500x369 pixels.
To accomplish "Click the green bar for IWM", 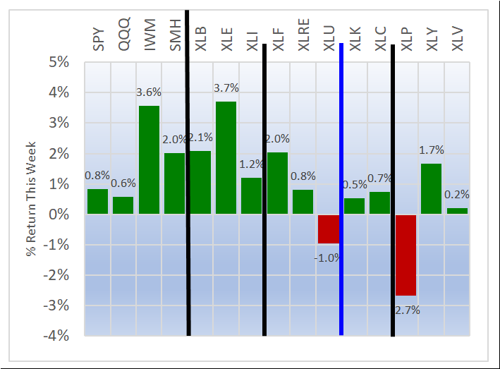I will (149, 160).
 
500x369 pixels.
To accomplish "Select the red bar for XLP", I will (406, 255).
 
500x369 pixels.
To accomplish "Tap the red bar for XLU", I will (328, 229).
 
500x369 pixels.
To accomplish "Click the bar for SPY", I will (97, 202).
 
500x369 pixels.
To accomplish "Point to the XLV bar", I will (457, 211).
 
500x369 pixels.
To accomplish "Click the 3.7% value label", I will (226, 88).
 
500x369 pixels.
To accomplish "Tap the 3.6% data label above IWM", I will (149, 92).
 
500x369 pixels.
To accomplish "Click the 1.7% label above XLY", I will (431, 150).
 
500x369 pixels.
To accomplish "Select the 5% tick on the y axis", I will (59, 63).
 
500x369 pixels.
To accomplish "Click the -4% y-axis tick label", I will (57, 336).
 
